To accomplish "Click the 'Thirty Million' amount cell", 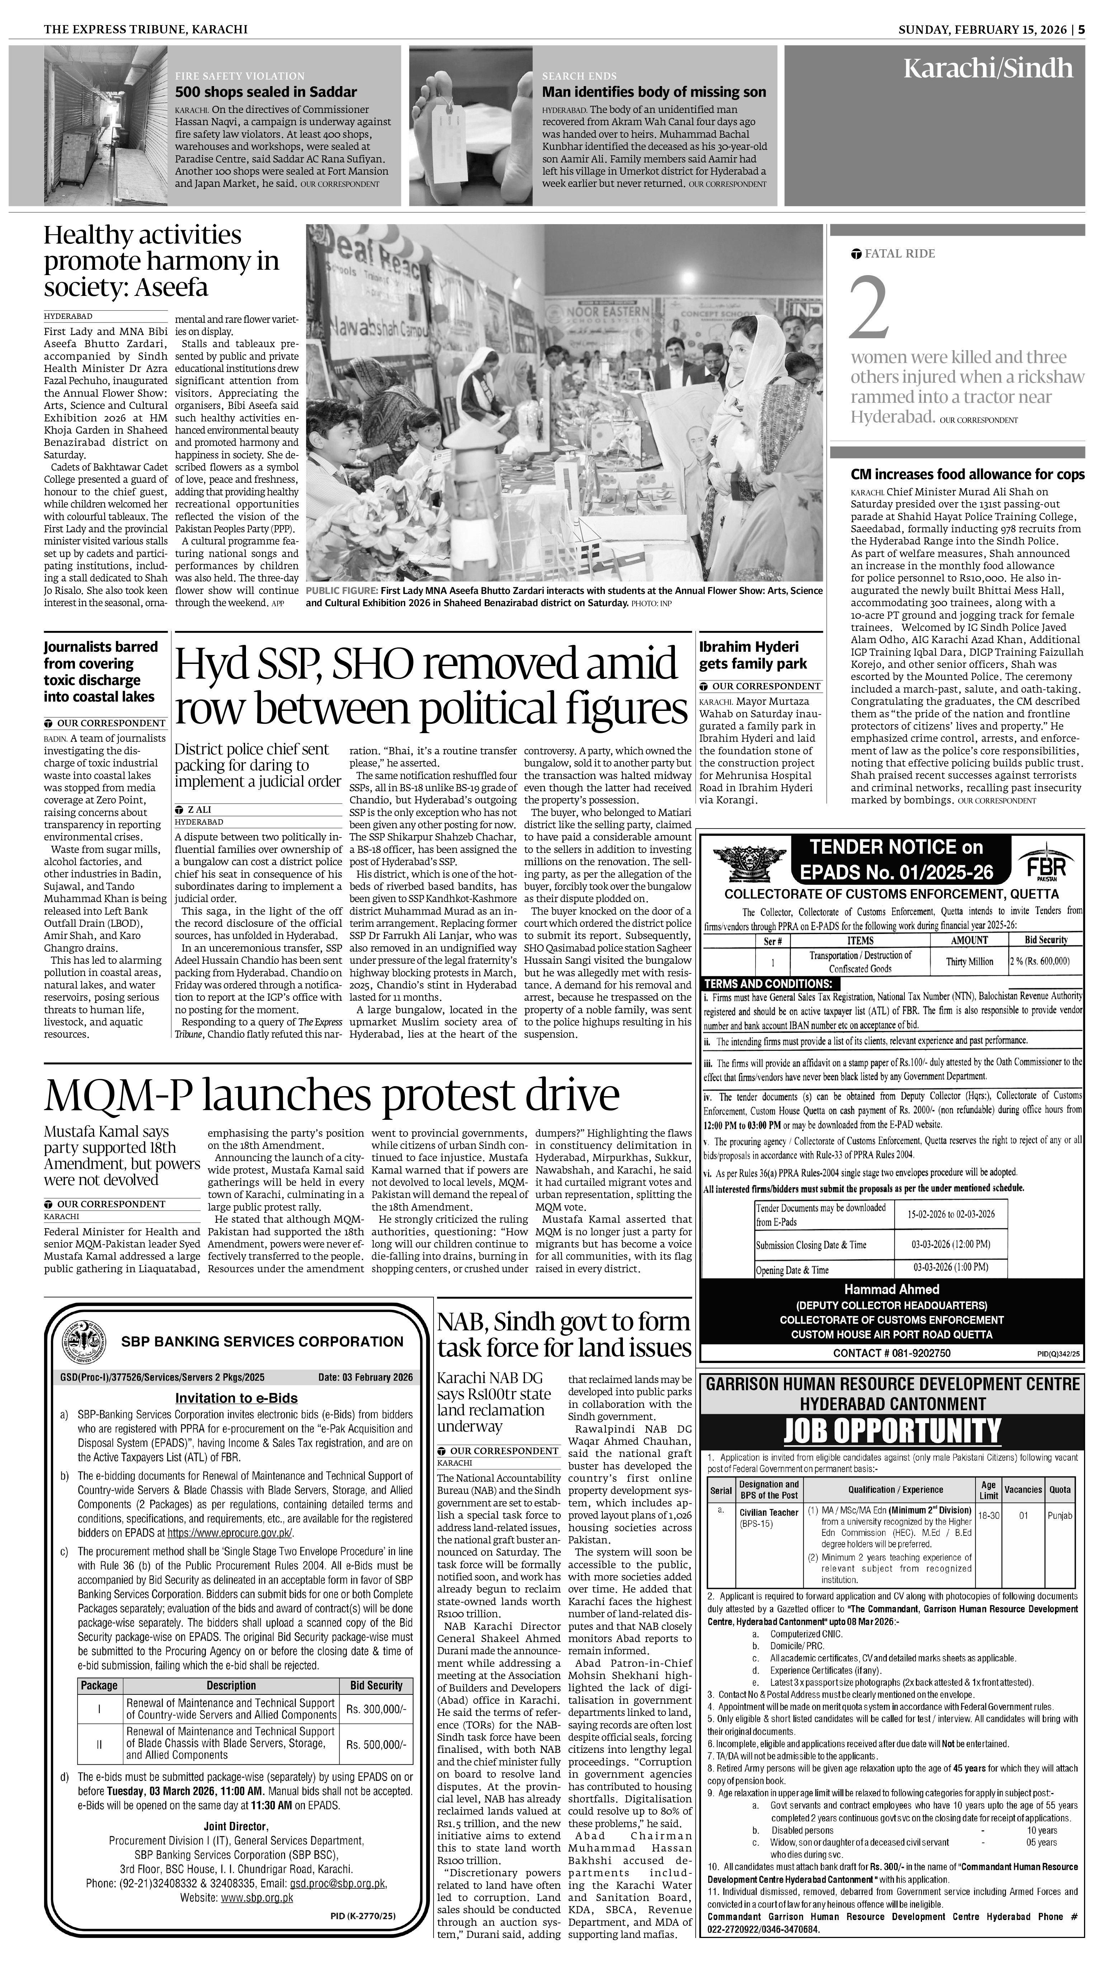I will coord(969,962).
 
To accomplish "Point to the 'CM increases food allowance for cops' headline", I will coord(967,474).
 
